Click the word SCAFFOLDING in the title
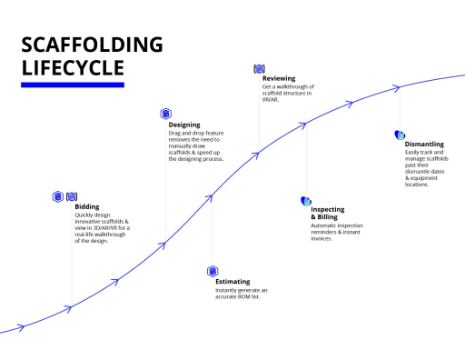(92, 45)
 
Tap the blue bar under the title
(73, 85)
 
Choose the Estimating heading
(232, 282)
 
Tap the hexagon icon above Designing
(165, 114)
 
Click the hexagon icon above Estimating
(213, 271)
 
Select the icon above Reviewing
(259, 68)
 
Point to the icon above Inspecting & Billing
(305, 200)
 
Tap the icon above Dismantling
(400, 135)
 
